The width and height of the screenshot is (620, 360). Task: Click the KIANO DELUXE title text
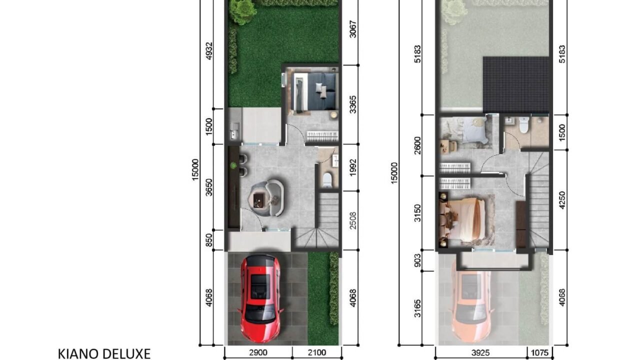[104, 353]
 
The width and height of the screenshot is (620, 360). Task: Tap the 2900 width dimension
[258, 352]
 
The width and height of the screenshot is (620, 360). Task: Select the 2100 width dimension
[317, 352]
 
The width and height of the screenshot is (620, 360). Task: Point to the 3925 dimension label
[480, 353]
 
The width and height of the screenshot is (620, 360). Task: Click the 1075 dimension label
[539, 353]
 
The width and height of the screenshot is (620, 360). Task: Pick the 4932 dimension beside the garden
[209, 50]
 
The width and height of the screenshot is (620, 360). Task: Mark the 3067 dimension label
[352, 29]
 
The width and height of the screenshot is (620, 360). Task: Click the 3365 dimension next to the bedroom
[352, 104]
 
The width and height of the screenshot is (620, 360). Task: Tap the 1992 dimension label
[352, 167]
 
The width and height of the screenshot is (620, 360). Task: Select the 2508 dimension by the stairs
[352, 220]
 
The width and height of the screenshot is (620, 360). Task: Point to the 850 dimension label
[209, 240]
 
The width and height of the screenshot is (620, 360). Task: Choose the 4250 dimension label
[562, 200]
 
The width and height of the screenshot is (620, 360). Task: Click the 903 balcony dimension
[417, 260]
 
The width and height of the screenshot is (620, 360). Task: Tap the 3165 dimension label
[417, 308]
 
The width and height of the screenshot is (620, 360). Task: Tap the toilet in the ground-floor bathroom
[327, 180]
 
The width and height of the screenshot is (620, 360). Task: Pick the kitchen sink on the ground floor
[234, 130]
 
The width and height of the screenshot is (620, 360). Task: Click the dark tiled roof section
[516, 84]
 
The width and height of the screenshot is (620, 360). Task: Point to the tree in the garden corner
[243, 11]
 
